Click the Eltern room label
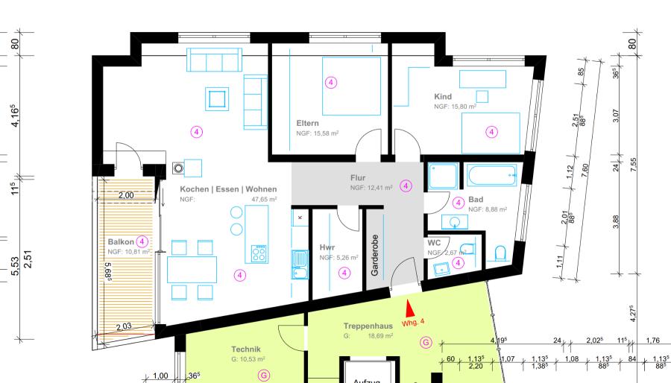(308, 123)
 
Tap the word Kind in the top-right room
(443, 97)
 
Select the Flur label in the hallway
(359, 178)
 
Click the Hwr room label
(327, 247)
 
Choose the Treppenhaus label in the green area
(367, 326)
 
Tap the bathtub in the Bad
(491, 177)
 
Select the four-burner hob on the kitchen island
(259, 254)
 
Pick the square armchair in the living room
(218, 98)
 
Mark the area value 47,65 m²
(263, 200)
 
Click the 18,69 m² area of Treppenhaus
(382, 337)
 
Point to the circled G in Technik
(263, 376)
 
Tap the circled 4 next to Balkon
(142, 241)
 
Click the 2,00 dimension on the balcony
(126, 195)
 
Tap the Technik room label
(246, 349)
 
